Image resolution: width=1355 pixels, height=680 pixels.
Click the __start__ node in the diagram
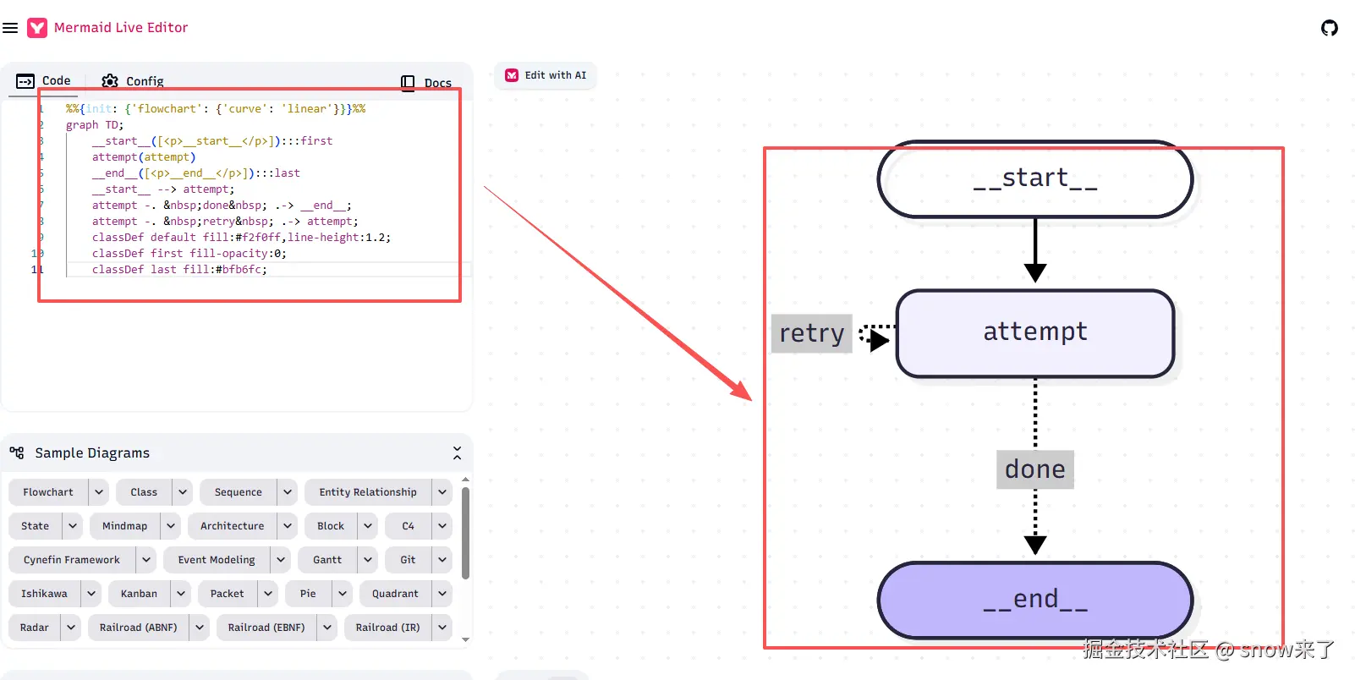1035,179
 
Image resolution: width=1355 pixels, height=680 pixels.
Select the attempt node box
1035,333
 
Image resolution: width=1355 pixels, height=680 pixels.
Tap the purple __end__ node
1035,600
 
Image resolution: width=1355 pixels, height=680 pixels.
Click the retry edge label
811,333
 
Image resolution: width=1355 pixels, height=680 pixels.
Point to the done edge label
1035,469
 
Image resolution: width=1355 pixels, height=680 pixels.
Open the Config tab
133,80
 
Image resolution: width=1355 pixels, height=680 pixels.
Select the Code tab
43,80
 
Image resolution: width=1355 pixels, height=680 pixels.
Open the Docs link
425,82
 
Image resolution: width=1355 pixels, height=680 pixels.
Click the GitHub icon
1329,28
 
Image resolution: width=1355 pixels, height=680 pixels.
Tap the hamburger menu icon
10,28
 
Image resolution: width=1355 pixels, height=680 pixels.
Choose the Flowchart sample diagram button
47,492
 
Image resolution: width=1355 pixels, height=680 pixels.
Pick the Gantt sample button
327,560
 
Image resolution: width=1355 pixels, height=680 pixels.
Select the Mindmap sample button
124,526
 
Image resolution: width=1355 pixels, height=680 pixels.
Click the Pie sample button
308,594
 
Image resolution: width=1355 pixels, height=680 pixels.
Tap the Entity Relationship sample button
368,492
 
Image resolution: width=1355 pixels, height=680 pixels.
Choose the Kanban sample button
139,594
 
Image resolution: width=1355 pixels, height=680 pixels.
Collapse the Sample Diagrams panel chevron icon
458,452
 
